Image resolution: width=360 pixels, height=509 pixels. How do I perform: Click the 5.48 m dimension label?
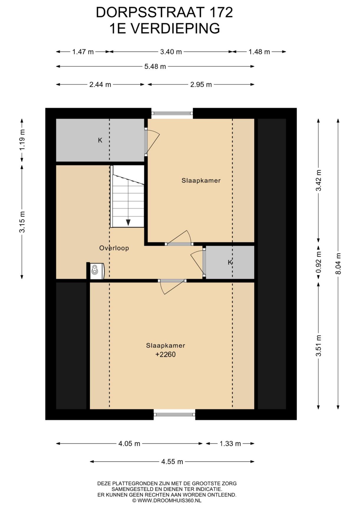(x=155, y=67)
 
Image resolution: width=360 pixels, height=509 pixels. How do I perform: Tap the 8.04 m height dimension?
(x=338, y=264)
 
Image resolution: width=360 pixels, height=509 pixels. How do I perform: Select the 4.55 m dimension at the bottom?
(x=172, y=462)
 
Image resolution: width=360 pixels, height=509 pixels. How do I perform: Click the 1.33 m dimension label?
(x=230, y=444)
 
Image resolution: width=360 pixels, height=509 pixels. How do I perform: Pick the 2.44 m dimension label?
(x=100, y=85)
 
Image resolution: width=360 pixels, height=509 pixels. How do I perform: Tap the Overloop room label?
(x=114, y=248)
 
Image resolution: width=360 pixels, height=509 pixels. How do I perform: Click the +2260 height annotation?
(x=165, y=354)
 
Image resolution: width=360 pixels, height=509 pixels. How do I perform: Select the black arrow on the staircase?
(x=128, y=222)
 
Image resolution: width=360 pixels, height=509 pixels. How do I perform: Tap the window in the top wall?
(x=172, y=113)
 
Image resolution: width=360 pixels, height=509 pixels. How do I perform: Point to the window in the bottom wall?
(x=174, y=414)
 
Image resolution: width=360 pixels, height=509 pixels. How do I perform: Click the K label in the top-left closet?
(x=100, y=140)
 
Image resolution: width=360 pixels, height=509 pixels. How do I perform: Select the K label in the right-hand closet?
(x=230, y=262)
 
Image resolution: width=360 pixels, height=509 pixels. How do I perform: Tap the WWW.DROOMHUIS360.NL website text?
(x=169, y=500)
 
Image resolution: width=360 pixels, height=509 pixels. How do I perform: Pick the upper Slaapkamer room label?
(x=201, y=181)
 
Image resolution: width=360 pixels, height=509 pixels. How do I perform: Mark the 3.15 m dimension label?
(x=22, y=222)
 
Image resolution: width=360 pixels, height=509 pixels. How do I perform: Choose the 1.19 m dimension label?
(x=22, y=140)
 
